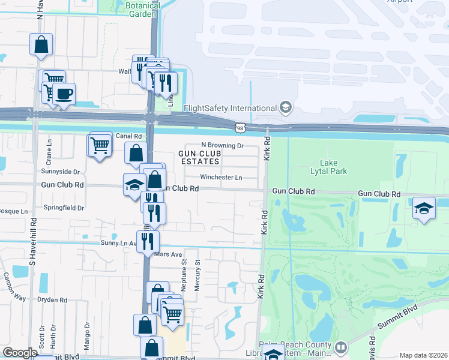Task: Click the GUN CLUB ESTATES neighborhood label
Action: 199,158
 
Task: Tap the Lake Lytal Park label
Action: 333,167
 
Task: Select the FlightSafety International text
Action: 229,109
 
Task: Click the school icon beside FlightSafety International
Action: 286,108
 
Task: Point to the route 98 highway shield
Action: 240,127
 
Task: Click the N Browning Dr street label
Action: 222,145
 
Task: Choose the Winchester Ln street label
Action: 221,178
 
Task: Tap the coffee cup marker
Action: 64,94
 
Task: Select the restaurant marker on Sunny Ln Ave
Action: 147,241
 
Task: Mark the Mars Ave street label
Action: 168,254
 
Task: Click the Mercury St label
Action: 197,277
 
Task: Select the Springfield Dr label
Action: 64,208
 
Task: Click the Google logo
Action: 20,353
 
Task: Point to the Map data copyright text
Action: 423,355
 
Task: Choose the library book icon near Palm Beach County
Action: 341,347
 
